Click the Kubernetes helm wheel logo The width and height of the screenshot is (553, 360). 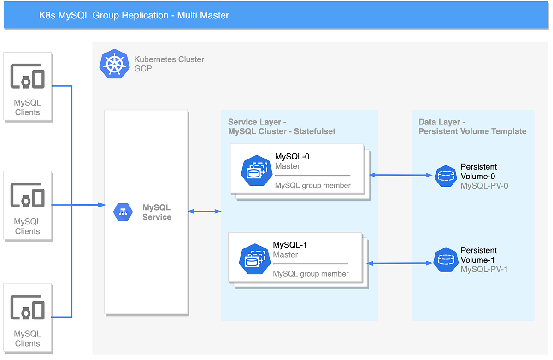[113, 64]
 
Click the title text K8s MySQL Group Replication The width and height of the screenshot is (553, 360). [134, 15]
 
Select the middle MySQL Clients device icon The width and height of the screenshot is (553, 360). [28, 195]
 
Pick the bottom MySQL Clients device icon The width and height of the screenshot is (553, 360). [28, 308]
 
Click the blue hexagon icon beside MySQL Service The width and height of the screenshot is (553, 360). [123, 212]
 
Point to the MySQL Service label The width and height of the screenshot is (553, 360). [157, 212]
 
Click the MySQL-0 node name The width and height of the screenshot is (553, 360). [292, 157]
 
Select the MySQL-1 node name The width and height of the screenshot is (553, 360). [290, 245]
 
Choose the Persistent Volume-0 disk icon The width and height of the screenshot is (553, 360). [446, 176]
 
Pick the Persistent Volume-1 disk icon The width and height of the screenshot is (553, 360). [446, 259]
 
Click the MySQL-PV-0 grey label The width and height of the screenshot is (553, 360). [484, 186]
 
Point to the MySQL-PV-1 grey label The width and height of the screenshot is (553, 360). [484, 269]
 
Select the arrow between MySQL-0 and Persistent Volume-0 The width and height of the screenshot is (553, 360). [400, 175]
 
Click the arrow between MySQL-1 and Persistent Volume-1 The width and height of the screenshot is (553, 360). [400, 263]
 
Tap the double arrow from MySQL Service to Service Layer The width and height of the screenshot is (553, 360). [204, 212]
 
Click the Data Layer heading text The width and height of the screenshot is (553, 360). [472, 127]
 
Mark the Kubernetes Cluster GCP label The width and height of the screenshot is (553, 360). [169, 64]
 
